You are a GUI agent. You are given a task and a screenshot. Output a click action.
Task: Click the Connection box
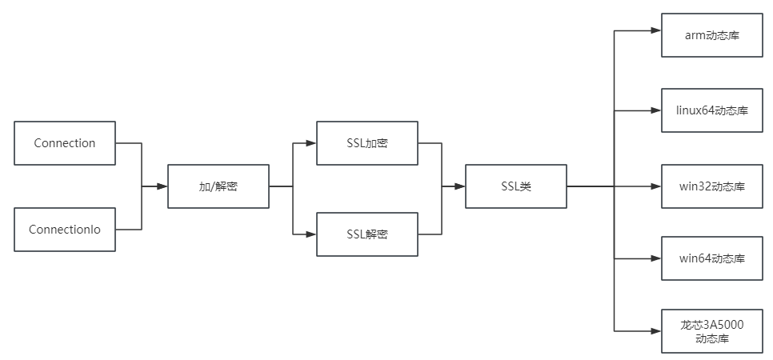pyautogui.click(x=65, y=143)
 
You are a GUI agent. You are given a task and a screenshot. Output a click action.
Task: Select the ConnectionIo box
pyautogui.click(x=65, y=230)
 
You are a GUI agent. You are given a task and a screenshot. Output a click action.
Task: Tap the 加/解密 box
pyautogui.click(x=218, y=186)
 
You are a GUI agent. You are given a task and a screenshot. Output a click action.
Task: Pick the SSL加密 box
pyautogui.click(x=366, y=143)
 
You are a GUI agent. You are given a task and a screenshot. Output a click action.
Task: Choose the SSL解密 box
pyautogui.click(x=366, y=234)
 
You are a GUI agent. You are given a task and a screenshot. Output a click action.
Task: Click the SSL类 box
pyautogui.click(x=515, y=186)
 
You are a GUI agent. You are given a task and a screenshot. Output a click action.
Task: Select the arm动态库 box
pyautogui.click(x=711, y=35)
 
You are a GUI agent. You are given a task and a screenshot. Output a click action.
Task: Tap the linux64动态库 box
pyautogui.click(x=711, y=110)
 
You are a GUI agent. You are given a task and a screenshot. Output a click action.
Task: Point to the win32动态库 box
pyautogui.click(x=711, y=186)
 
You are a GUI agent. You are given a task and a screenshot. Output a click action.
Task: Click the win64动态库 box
pyautogui.click(x=711, y=258)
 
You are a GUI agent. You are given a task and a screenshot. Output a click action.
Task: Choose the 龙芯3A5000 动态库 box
pyautogui.click(x=711, y=331)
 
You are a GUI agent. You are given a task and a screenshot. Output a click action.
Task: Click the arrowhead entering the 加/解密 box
pyautogui.click(x=162, y=186)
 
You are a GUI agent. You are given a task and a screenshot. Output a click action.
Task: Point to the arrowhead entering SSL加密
pyautogui.click(x=311, y=143)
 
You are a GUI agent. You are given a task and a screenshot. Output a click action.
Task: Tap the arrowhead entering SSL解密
pyautogui.click(x=311, y=234)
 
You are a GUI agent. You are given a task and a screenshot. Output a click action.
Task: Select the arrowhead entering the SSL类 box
pyautogui.click(x=460, y=186)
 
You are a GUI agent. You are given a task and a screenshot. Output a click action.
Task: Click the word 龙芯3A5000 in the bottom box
pyautogui.click(x=711, y=325)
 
